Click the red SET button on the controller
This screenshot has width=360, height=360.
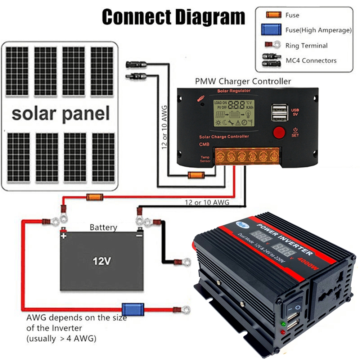coord(279,132)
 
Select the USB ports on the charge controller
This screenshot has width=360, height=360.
coord(279,112)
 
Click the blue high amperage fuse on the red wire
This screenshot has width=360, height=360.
coord(128,309)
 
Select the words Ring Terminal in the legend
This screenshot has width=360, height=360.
coord(306,46)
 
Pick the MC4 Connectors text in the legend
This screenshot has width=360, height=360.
coord(311,60)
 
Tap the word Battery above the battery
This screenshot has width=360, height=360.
coord(103,228)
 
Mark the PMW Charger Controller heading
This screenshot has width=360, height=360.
coord(243,81)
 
